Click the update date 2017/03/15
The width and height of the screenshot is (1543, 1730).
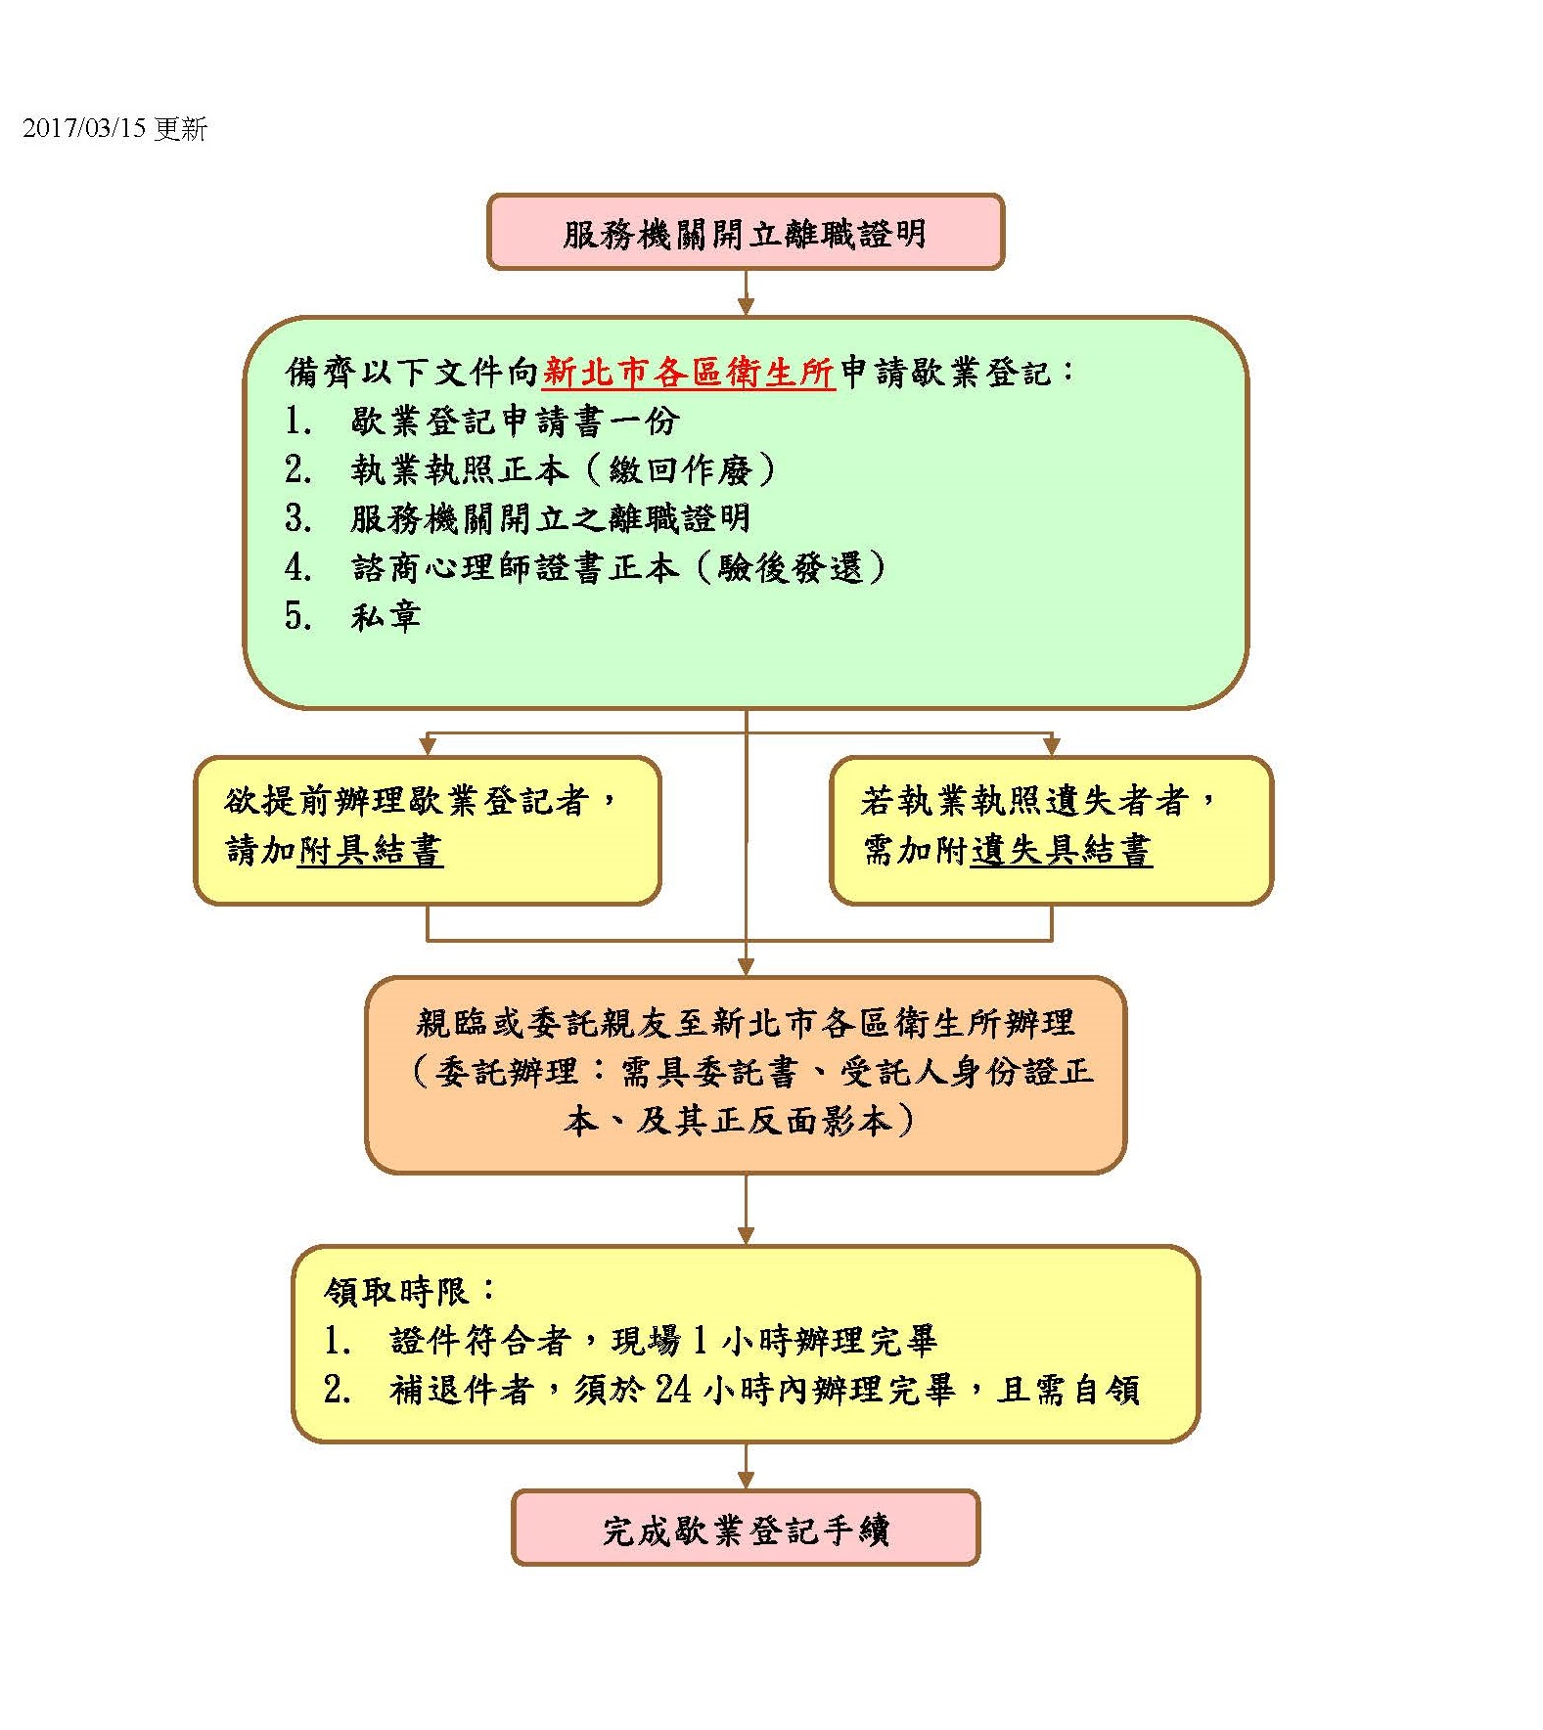point(83,129)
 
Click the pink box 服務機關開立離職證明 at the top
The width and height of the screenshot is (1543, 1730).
point(746,232)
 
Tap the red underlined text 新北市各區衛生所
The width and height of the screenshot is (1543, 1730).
point(688,373)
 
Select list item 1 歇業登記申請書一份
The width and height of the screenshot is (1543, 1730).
point(481,421)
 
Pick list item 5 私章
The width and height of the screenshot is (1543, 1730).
point(352,617)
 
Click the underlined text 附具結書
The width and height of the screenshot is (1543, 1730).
point(371,850)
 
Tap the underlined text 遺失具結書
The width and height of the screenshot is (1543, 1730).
point(1062,850)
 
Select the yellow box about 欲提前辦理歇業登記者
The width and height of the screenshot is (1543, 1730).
point(428,830)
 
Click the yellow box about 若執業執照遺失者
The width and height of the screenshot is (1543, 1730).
point(1051,830)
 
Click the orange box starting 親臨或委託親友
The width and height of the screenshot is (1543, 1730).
point(746,1074)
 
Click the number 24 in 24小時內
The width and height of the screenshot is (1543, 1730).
point(673,1390)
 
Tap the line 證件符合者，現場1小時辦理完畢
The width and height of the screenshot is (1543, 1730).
point(630,1341)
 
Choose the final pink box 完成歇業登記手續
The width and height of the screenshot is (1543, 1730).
point(746,1528)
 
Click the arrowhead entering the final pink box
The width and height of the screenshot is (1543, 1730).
point(746,1481)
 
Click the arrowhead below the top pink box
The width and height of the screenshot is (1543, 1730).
point(746,307)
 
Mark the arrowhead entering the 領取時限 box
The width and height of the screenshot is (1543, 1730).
point(746,1236)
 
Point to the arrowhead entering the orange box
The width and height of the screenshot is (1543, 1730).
point(746,967)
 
